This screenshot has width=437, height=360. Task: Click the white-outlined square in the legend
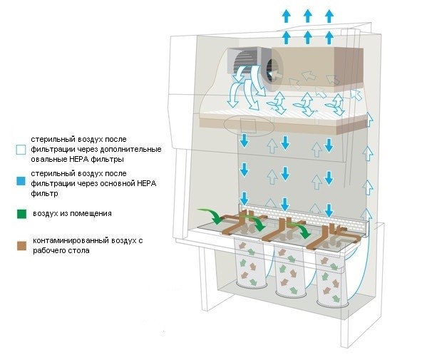[21, 150]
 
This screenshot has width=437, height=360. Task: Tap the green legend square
[21, 212]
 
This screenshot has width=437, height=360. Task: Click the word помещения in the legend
[88, 212]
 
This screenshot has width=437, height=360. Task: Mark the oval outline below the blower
[247, 126]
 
